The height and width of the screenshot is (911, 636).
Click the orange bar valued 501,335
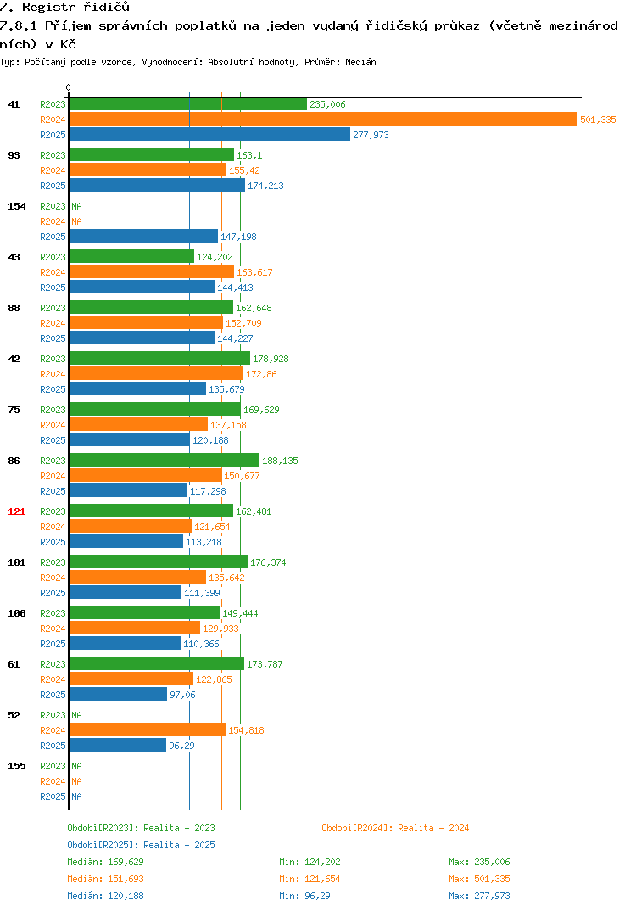pos(323,119)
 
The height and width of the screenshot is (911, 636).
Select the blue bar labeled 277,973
pos(209,134)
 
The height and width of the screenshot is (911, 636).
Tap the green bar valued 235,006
pos(187,104)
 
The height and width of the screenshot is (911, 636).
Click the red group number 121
pos(17,511)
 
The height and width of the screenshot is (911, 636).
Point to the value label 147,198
pos(238,237)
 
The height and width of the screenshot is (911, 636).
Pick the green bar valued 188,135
pos(165,460)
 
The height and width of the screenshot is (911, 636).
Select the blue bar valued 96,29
pos(117,745)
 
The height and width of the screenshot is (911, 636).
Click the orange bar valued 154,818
pos(147,729)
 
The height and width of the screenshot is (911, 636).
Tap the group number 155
pos(17,766)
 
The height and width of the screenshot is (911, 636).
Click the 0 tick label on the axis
pos(68,87)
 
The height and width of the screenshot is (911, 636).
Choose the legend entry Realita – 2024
pos(395,828)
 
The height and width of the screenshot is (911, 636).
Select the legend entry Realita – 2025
pos(141,845)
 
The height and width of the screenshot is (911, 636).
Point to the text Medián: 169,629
pos(105,862)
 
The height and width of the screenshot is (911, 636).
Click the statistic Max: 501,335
pos(479,879)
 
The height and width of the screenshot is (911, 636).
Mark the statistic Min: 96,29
pos(304,896)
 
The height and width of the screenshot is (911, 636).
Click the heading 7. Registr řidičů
pos(65,7)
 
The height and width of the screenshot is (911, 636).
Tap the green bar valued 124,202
pos(131,256)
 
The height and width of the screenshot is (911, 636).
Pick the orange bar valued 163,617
pos(152,271)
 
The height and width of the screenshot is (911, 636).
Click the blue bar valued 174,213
pos(157,185)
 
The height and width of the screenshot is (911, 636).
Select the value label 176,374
pos(268,562)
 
